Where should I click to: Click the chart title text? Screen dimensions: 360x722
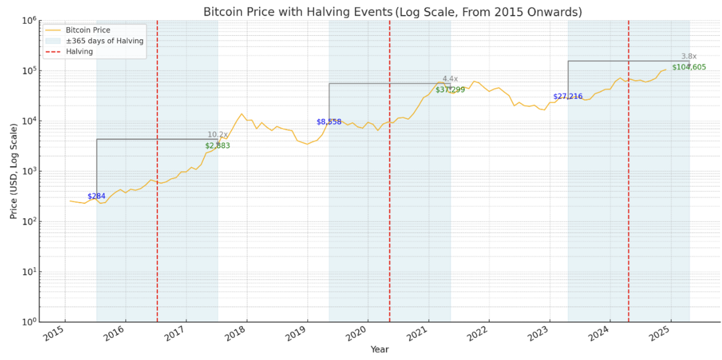point(392,12)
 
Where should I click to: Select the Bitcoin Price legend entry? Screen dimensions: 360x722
point(87,30)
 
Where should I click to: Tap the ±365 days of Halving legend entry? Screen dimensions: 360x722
point(104,41)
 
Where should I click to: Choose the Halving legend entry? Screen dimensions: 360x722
point(79,52)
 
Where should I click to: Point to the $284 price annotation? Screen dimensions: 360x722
point(97,196)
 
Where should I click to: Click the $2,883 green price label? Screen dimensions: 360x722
point(218,146)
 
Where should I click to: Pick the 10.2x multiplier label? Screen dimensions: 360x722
point(218,135)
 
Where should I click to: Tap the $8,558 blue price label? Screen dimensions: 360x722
point(329,122)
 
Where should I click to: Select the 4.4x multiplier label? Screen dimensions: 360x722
point(450,79)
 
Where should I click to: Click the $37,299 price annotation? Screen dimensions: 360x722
point(450,90)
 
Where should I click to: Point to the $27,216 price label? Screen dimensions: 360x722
point(568,97)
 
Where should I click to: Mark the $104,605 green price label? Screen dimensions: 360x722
point(689,67)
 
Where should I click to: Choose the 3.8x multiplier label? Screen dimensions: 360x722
point(689,56)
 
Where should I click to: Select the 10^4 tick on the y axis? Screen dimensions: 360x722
point(30,121)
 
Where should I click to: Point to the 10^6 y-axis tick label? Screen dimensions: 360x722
point(30,21)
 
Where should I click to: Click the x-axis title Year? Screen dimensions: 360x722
point(380,350)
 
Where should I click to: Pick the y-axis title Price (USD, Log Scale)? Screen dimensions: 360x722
point(13,171)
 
